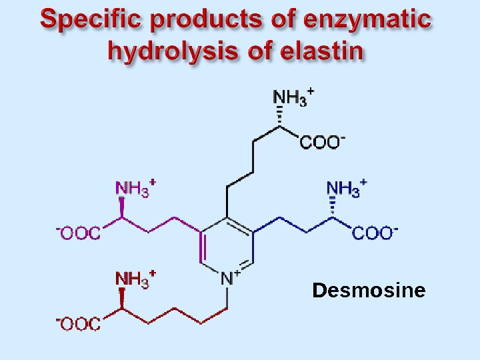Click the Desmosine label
point(369,291)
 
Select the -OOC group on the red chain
point(78,324)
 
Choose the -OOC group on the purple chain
point(78,233)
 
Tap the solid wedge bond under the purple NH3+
point(122,207)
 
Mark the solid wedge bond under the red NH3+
point(122,298)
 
